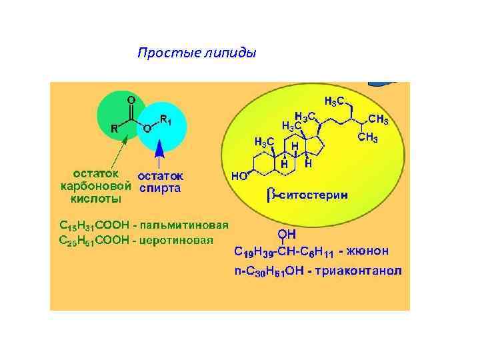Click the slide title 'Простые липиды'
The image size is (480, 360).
tap(196, 53)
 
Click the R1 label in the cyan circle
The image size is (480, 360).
tap(167, 121)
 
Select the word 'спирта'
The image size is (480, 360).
tap(160, 188)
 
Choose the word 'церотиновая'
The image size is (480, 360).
tap(179, 239)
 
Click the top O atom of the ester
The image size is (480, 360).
tap(131, 99)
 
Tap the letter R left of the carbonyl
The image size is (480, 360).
tap(114, 129)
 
